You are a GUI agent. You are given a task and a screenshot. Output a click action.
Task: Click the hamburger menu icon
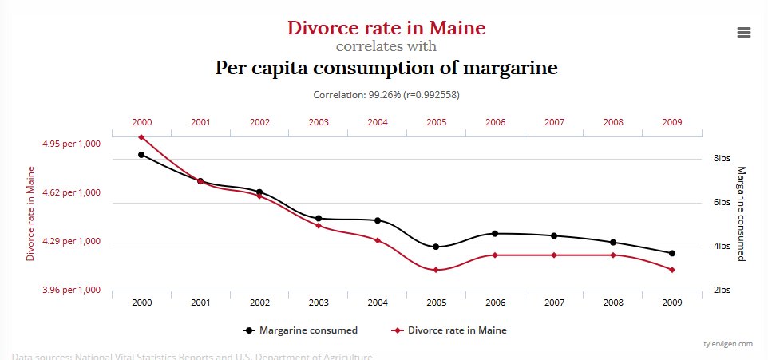(x=744, y=32)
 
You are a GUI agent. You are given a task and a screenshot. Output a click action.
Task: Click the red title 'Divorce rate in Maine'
(x=386, y=28)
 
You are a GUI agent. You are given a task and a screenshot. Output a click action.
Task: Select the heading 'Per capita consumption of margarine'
(x=386, y=68)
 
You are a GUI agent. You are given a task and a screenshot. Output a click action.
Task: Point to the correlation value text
(x=386, y=94)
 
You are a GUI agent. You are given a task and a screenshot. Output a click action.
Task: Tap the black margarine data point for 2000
(x=141, y=155)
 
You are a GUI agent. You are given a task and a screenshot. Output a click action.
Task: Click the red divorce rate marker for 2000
(x=141, y=137)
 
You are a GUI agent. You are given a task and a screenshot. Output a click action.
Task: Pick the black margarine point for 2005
(x=436, y=247)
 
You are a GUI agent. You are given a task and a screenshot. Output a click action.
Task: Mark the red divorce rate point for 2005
(x=436, y=270)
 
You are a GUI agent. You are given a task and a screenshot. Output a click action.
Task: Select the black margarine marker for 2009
(x=672, y=253)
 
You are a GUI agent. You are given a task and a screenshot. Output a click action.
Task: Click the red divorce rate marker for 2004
(x=377, y=240)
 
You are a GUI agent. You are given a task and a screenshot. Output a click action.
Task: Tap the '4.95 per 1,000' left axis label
(x=72, y=144)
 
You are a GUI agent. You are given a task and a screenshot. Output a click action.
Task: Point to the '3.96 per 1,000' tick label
(x=72, y=290)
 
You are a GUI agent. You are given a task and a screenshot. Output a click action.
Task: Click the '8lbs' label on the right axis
(x=722, y=159)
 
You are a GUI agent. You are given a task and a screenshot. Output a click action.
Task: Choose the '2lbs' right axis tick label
(x=722, y=291)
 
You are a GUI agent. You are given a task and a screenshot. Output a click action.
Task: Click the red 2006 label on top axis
(x=495, y=122)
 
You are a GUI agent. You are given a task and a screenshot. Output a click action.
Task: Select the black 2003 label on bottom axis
(x=319, y=303)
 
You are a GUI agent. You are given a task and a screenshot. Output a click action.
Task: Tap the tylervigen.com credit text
(x=727, y=344)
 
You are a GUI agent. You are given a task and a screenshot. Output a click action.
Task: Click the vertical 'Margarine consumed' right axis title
(x=742, y=213)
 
